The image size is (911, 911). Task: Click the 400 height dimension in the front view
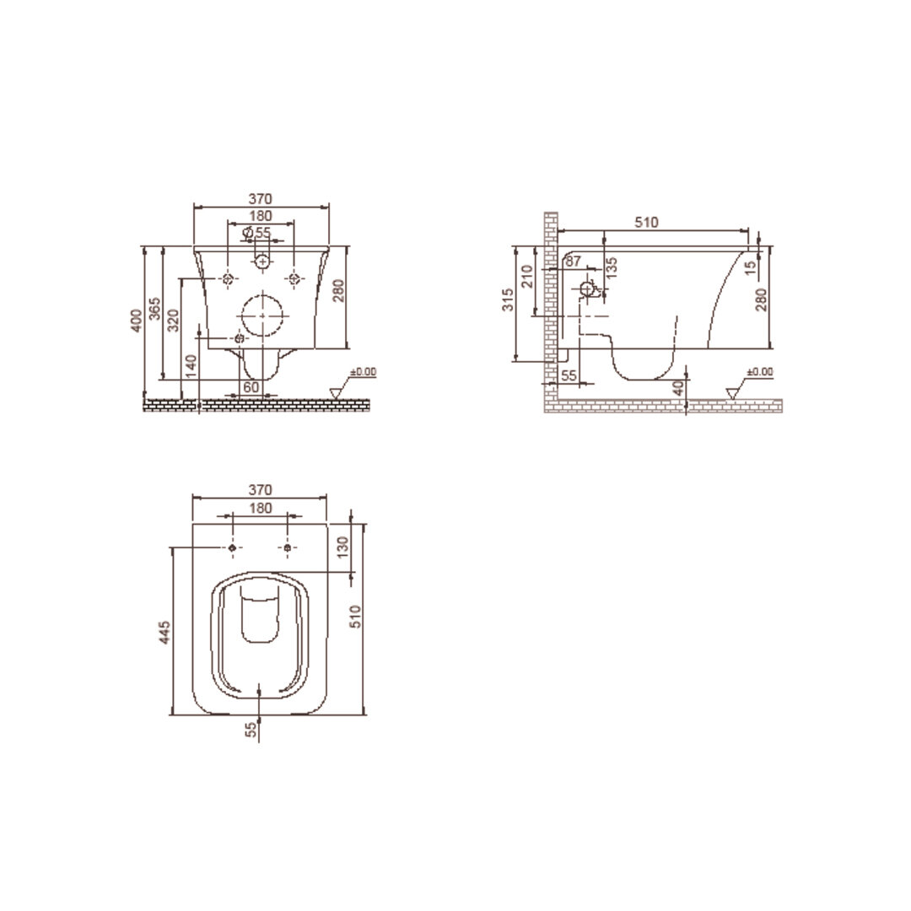tap(137, 321)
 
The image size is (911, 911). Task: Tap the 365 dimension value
tap(155, 309)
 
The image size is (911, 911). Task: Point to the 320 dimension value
tap(174, 321)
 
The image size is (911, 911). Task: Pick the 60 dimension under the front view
tap(251, 387)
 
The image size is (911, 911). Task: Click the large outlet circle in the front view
tap(262, 315)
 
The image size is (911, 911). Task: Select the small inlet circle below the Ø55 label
tap(262, 262)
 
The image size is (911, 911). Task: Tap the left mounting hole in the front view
tap(228, 279)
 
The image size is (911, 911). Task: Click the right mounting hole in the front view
tap(294, 279)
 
